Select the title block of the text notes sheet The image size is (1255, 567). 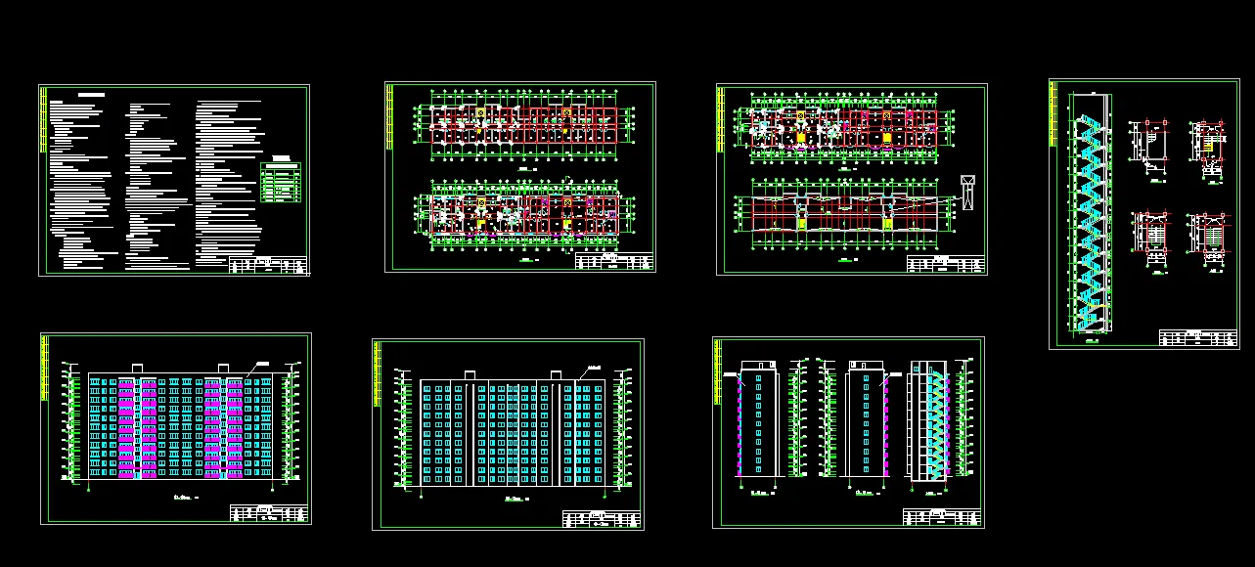click(268, 265)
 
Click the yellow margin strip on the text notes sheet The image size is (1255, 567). click(43, 122)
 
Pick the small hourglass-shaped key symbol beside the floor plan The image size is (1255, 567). click(968, 191)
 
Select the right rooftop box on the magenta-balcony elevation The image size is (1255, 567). click(223, 368)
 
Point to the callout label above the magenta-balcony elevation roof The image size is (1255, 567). click(262, 363)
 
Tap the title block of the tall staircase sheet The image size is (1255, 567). click(1198, 338)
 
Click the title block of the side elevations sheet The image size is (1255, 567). click(941, 518)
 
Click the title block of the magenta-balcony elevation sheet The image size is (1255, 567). click(269, 513)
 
